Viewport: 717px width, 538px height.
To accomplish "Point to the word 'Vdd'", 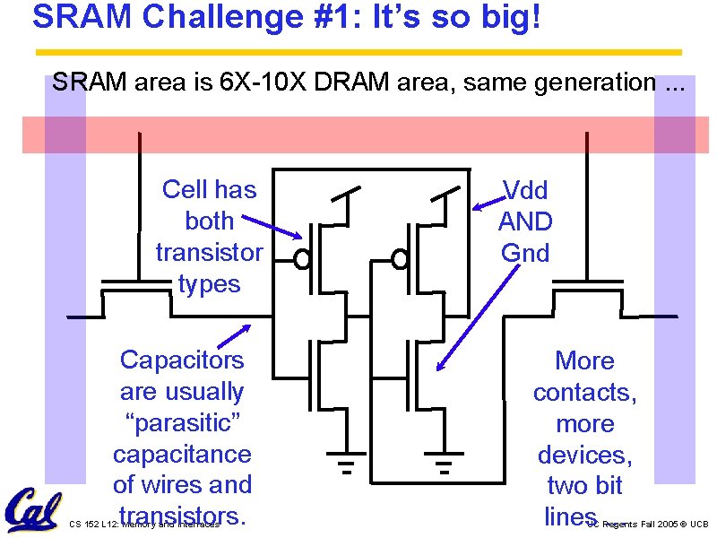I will click(525, 189).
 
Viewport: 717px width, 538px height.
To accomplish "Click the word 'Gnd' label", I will click(525, 253).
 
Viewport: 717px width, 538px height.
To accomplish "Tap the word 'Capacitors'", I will click(182, 360).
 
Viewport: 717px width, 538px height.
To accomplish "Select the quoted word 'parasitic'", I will click(182, 422).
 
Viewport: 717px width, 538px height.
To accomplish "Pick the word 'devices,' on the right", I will click(584, 455).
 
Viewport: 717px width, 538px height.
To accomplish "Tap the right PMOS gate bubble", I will click(401, 260).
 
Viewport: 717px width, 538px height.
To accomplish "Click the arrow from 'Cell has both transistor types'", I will click(272, 225).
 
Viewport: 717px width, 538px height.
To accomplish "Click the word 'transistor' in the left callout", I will click(209, 252).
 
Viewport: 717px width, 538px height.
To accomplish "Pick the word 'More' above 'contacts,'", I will click(584, 360).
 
